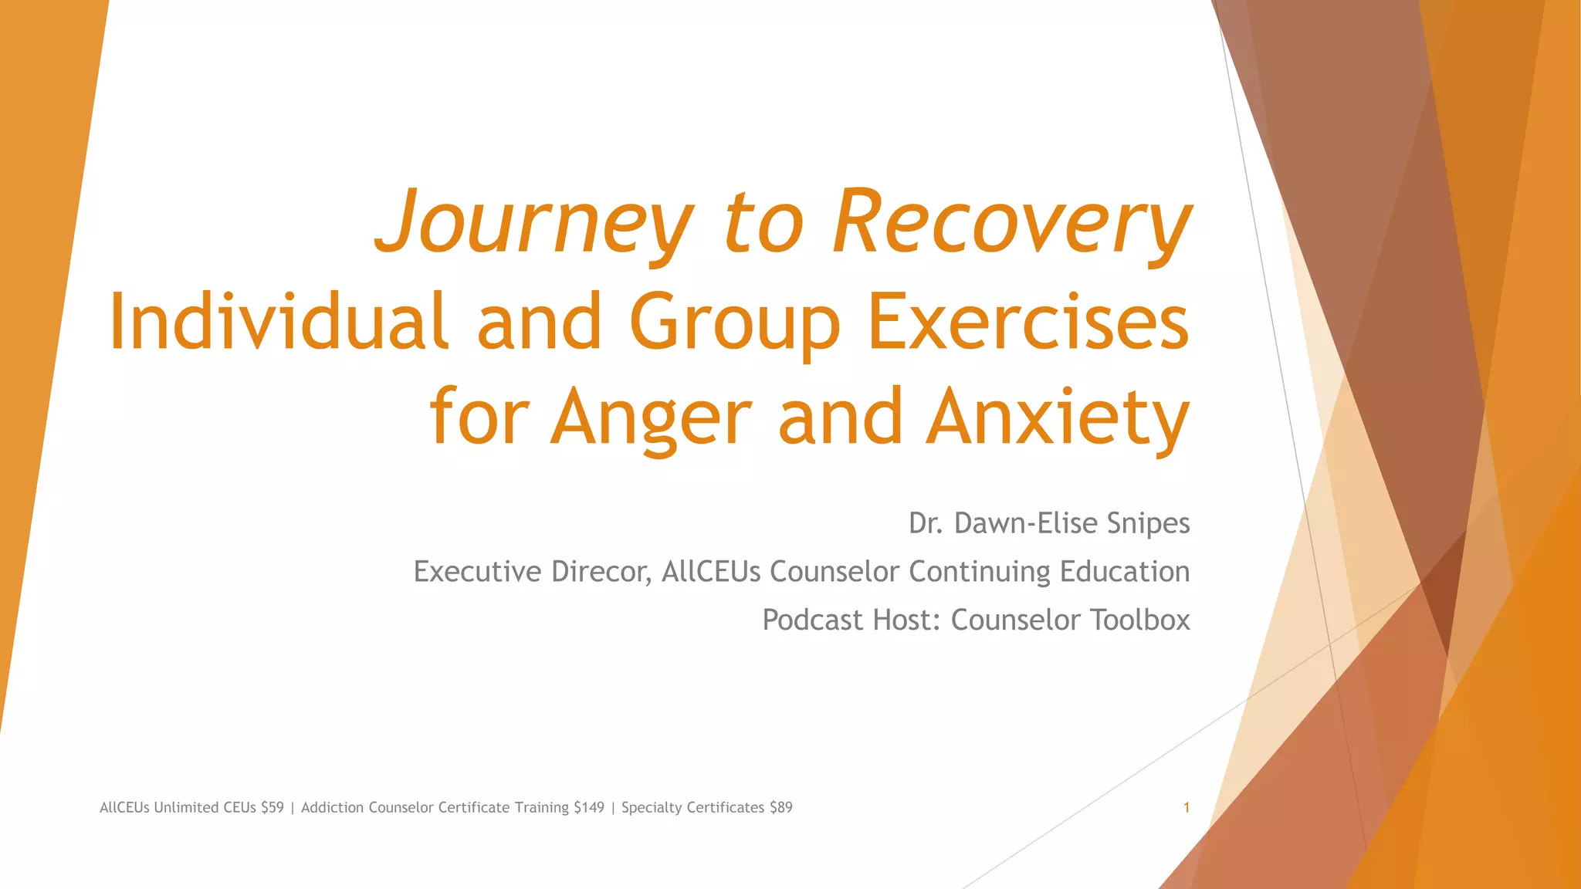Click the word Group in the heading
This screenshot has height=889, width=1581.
coord(734,323)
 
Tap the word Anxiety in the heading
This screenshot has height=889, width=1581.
coord(1057,418)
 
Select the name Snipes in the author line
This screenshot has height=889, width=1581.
coord(1148,523)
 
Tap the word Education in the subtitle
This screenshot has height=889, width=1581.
coord(1125,572)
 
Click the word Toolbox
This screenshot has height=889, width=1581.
coord(1139,620)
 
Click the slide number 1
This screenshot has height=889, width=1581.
coord(1187,808)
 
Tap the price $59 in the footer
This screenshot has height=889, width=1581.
coord(273,808)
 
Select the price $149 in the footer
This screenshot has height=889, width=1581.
coord(589,808)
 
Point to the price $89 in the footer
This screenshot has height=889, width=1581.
coord(780,808)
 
